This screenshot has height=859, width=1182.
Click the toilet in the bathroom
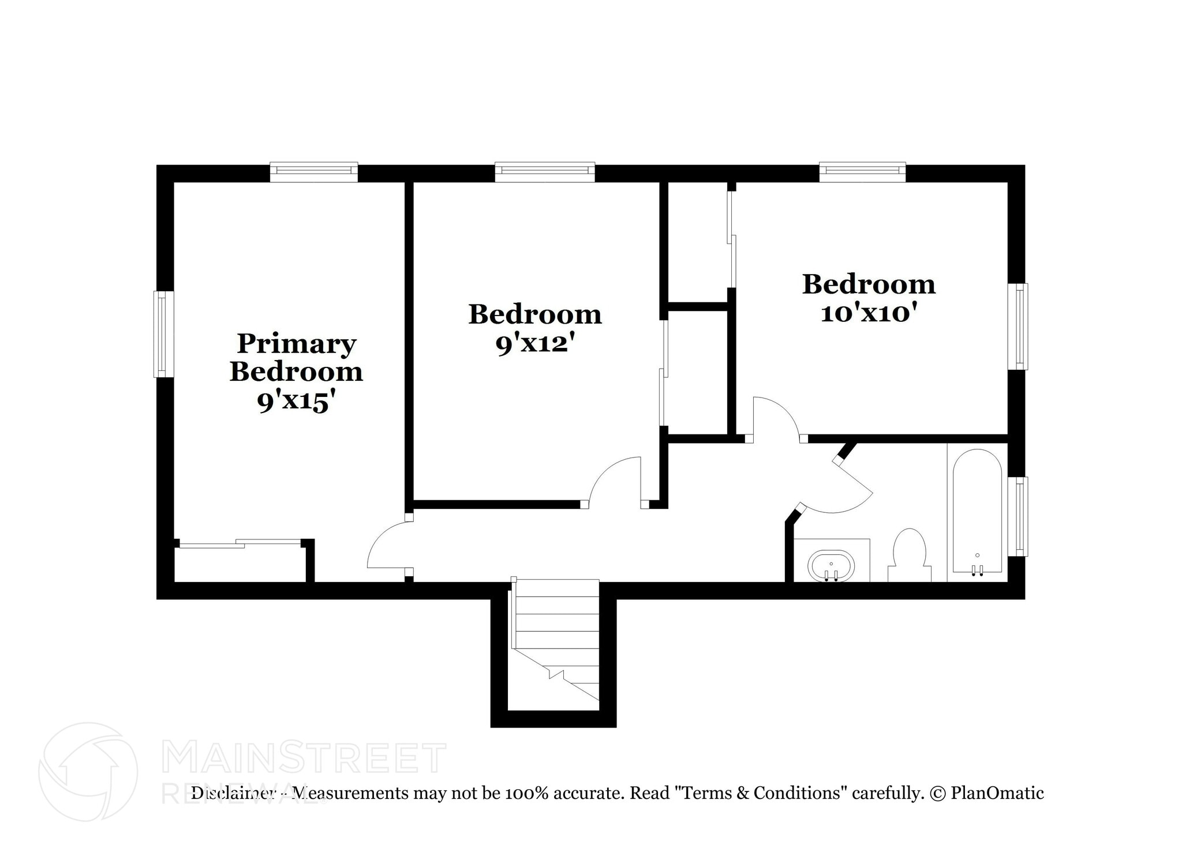pyautogui.click(x=910, y=556)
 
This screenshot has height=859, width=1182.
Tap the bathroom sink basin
pyautogui.click(x=831, y=566)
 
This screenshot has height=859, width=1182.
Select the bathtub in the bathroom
pyautogui.click(x=977, y=511)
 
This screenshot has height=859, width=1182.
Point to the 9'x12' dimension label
pyautogui.click(x=535, y=344)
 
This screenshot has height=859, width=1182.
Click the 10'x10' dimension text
pyautogui.click(x=869, y=313)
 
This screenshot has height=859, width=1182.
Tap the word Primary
pyautogui.click(x=296, y=344)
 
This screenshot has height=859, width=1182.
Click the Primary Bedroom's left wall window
pyautogui.click(x=164, y=334)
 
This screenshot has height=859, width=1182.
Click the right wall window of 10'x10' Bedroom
pyautogui.click(x=1020, y=326)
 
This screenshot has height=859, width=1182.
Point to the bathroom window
pyautogui.click(x=1020, y=516)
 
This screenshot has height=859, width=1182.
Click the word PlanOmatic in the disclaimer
pyautogui.click(x=997, y=793)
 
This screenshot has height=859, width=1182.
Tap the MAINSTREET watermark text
pyautogui.click(x=304, y=757)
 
